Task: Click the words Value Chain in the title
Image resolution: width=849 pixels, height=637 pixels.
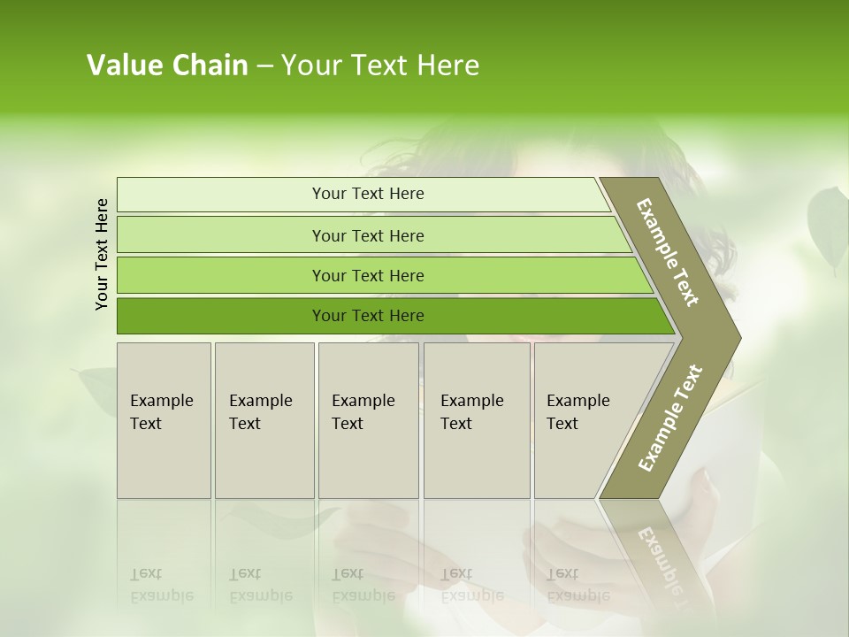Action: click(x=167, y=65)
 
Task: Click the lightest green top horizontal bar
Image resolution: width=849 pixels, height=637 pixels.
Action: click(x=265, y=195)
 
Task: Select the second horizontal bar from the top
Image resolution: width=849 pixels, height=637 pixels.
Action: click(x=265, y=235)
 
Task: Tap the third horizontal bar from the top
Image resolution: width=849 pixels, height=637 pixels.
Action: click(x=265, y=275)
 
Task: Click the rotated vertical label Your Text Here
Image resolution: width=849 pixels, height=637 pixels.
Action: click(x=102, y=254)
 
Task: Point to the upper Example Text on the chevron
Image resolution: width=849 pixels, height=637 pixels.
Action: click(x=668, y=252)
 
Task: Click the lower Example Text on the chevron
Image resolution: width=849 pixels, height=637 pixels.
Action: click(x=670, y=418)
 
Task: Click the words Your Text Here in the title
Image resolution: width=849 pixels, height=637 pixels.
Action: click(x=380, y=65)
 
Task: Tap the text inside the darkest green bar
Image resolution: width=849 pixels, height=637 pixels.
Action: click(x=368, y=316)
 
